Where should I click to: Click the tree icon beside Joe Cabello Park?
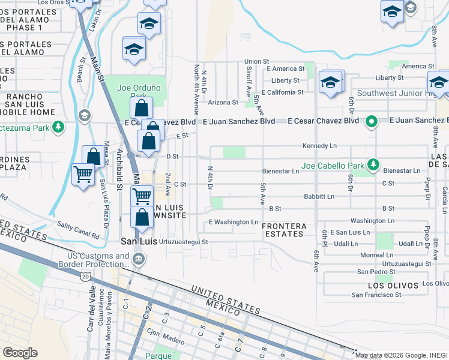tap(373, 164)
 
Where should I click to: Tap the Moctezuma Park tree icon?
tap(58, 127)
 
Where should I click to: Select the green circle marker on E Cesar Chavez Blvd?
tap(372, 121)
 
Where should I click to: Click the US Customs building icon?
tap(139, 259)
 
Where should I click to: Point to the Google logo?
tap(20, 353)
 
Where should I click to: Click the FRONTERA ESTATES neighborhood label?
tap(284, 230)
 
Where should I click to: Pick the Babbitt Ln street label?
tap(319, 196)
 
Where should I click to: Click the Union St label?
tap(256, 61)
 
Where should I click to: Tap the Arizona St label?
tap(223, 102)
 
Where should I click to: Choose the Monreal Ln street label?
tap(377, 255)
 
